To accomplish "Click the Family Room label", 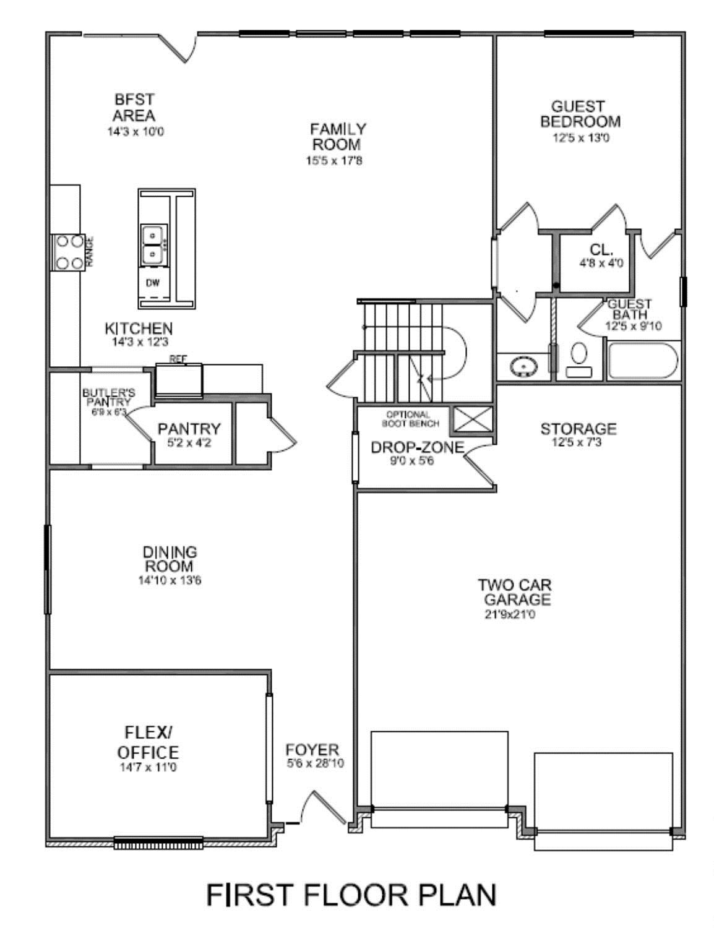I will pyautogui.click(x=337, y=137).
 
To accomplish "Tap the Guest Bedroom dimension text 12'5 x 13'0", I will pyautogui.click(x=581, y=138).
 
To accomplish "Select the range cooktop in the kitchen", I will pyautogui.click(x=68, y=252).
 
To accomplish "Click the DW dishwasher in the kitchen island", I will pyautogui.click(x=152, y=283).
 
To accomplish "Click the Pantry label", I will pyautogui.click(x=189, y=429).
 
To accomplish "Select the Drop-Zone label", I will pyautogui.click(x=416, y=448).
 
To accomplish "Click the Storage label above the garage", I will pyautogui.click(x=579, y=429).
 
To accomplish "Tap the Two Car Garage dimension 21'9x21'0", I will pyautogui.click(x=510, y=615).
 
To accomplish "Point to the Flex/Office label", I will pyautogui.click(x=148, y=742).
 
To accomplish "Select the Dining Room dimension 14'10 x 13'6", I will pyautogui.click(x=170, y=581).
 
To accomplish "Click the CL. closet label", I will pyautogui.click(x=601, y=250).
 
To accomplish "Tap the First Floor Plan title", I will pyautogui.click(x=351, y=895).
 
